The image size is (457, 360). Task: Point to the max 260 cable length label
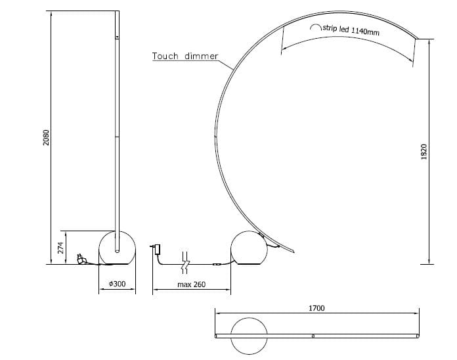[191, 284]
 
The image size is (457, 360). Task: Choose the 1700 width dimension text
[316, 307]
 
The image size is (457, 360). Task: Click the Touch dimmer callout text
[185, 56]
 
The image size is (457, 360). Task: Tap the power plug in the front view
[81, 260]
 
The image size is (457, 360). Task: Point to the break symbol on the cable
[185, 261]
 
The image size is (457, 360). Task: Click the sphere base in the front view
[116, 248]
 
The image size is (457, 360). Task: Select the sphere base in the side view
[249, 248]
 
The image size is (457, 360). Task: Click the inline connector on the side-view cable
[216, 265]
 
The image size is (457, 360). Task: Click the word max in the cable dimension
[185, 284]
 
